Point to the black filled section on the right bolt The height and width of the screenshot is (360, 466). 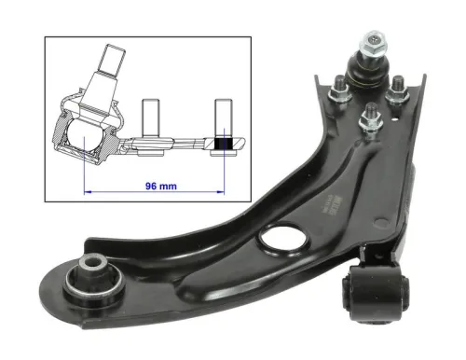(x=223, y=145)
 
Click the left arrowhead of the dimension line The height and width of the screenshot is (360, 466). (x=88, y=187)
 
